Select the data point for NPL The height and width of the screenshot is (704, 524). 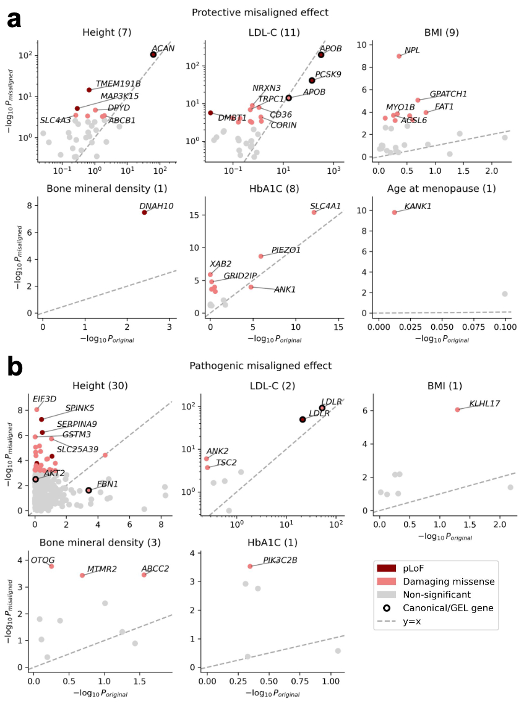click(x=399, y=56)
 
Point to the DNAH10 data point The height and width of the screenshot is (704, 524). click(x=144, y=212)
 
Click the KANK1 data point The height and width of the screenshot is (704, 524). click(x=394, y=212)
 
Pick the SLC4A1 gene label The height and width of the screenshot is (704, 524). click(x=325, y=205)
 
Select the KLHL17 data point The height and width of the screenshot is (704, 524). click(x=457, y=410)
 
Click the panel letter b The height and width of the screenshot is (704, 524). click(x=15, y=367)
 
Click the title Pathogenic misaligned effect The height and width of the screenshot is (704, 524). click(x=260, y=366)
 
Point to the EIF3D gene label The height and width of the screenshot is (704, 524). click(x=45, y=398)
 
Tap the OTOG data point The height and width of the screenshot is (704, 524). click(x=51, y=566)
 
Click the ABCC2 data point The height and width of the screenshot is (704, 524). click(x=144, y=575)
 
